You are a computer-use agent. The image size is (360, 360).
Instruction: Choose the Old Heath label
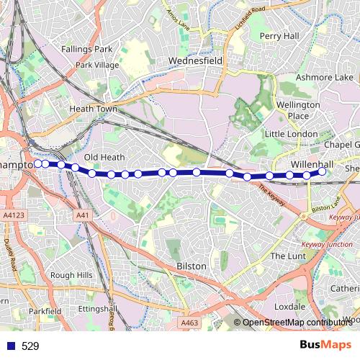pos(104,157)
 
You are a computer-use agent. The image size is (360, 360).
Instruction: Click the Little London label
pos(291,135)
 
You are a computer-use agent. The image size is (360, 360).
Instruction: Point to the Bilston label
pos(192,266)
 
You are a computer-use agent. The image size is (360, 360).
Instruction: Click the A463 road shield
pos(190,323)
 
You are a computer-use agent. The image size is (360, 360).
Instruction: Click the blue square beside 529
pos(11,346)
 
